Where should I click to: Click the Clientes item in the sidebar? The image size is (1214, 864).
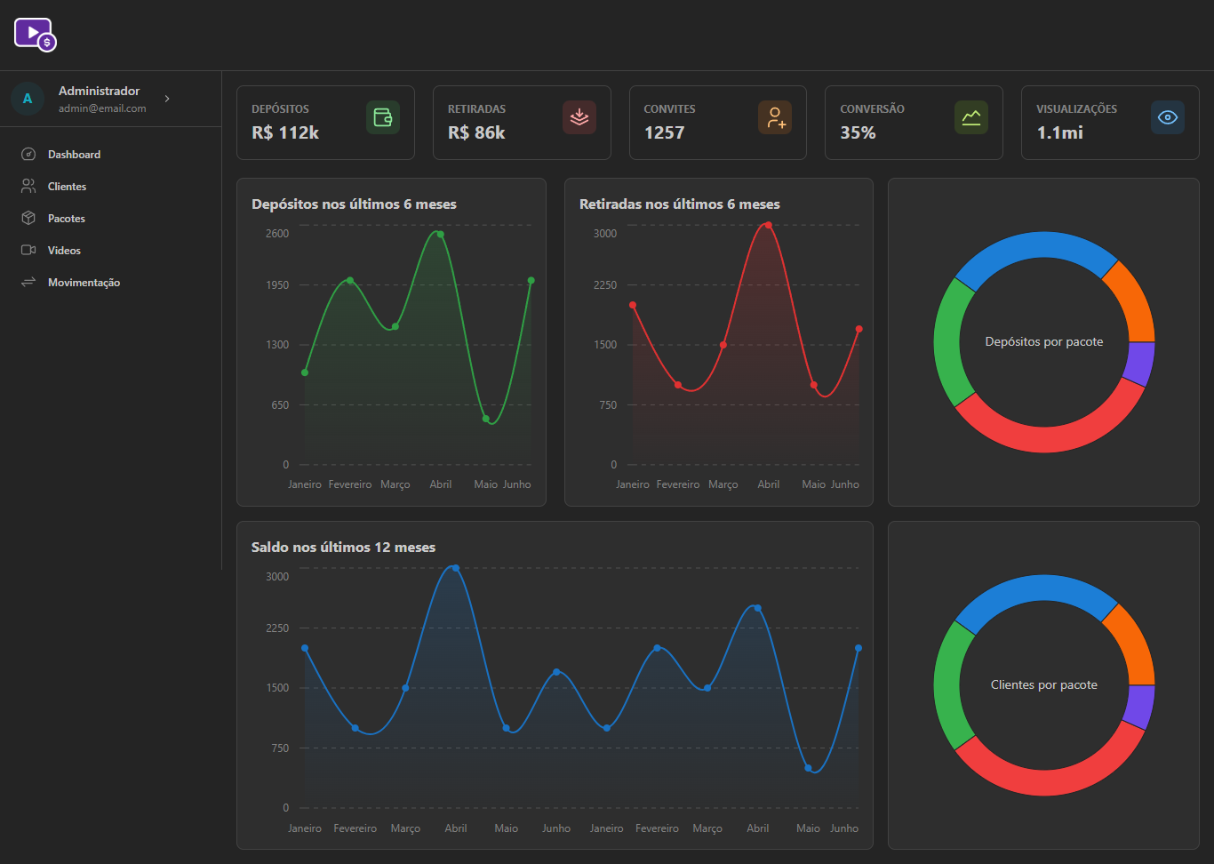(67, 187)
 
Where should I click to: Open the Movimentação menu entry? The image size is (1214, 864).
(84, 283)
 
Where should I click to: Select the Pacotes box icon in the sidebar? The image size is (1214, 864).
(28, 218)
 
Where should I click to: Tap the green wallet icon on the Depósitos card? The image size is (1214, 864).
(383, 117)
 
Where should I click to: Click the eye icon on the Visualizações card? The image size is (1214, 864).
(1168, 117)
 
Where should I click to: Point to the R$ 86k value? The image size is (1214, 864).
(475, 132)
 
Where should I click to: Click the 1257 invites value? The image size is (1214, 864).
(664, 132)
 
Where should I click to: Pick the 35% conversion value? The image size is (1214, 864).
(858, 132)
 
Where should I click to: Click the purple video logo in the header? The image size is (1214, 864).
(36, 35)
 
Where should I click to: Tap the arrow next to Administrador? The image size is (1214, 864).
(167, 99)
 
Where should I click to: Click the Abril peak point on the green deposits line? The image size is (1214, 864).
(441, 234)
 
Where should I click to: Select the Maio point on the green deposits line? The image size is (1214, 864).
(485, 419)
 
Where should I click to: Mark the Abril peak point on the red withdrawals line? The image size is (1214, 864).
(768, 225)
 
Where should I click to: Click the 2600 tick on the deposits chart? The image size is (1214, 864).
(277, 234)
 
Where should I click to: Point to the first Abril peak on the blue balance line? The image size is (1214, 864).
(456, 568)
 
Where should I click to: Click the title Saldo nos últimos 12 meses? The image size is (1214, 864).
(343, 548)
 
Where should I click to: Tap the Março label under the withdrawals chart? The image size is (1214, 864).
(723, 484)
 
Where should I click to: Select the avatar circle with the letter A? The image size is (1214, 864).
(27, 99)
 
